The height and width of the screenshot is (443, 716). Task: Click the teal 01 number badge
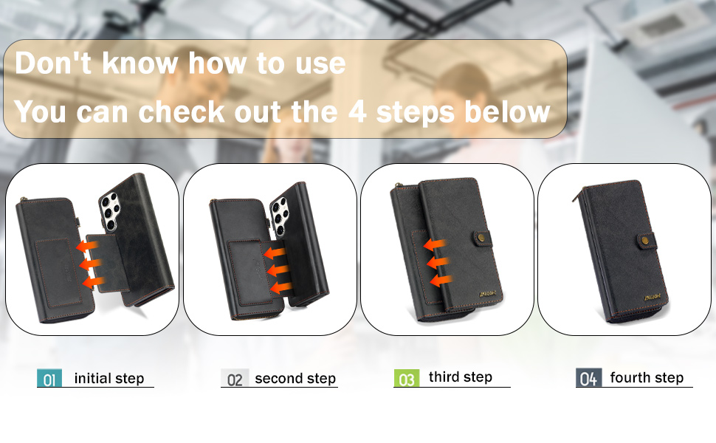(x=49, y=378)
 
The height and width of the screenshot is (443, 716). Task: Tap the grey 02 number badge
(x=235, y=378)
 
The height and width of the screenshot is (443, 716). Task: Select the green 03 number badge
(x=407, y=378)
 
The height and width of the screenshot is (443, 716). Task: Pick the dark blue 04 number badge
(x=588, y=378)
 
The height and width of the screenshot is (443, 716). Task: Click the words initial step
(x=109, y=378)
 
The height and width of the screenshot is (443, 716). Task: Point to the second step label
(x=295, y=379)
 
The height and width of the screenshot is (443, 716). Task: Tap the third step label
(x=461, y=377)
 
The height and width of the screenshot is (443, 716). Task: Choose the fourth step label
(x=647, y=378)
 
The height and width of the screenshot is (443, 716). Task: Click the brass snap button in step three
(x=481, y=238)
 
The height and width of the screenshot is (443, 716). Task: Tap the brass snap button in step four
(x=644, y=240)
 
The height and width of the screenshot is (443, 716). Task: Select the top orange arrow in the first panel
(x=87, y=247)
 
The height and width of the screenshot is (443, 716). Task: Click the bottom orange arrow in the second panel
(x=280, y=288)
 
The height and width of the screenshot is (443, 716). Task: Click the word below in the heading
(x=507, y=111)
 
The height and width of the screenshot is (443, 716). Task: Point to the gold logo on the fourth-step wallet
(x=652, y=298)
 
